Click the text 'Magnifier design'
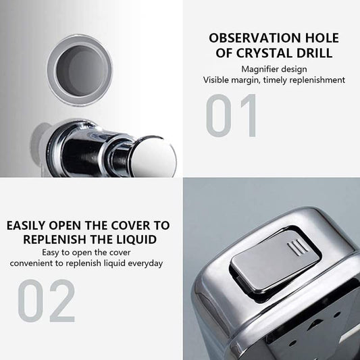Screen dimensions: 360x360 coord(274,68)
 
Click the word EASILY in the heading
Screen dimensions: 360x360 coord(31,226)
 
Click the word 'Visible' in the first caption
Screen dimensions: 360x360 coord(218,80)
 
